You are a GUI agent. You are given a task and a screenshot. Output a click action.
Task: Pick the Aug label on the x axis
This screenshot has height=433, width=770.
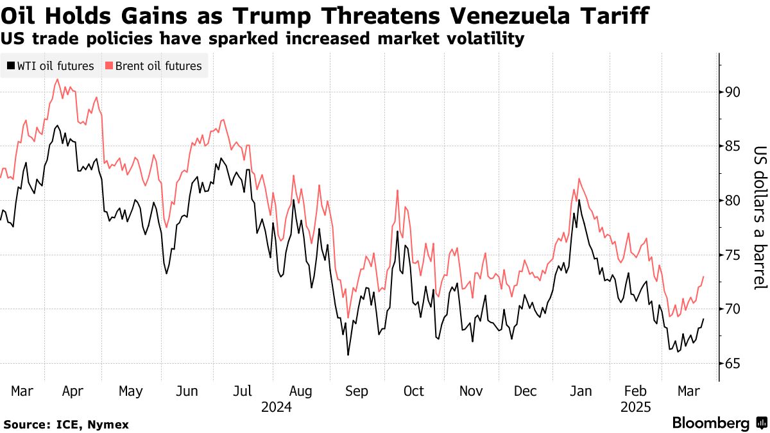(x=301, y=391)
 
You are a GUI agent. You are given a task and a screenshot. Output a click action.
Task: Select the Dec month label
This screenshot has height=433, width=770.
(x=526, y=391)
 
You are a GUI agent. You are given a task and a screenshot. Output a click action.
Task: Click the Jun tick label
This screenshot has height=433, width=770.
(x=187, y=391)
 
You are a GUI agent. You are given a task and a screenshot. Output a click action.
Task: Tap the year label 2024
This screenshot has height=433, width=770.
(x=277, y=407)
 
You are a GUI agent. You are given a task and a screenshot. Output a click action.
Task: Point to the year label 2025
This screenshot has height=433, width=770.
(x=636, y=407)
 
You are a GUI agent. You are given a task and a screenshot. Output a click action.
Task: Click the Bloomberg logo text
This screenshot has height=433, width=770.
(x=711, y=423)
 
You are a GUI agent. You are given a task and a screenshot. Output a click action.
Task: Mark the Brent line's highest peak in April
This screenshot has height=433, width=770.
(x=58, y=80)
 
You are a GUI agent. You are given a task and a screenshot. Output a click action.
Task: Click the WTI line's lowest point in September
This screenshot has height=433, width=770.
(x=348, y=355)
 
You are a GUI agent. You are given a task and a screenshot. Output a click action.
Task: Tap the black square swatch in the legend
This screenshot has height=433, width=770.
(x=10, y=66)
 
